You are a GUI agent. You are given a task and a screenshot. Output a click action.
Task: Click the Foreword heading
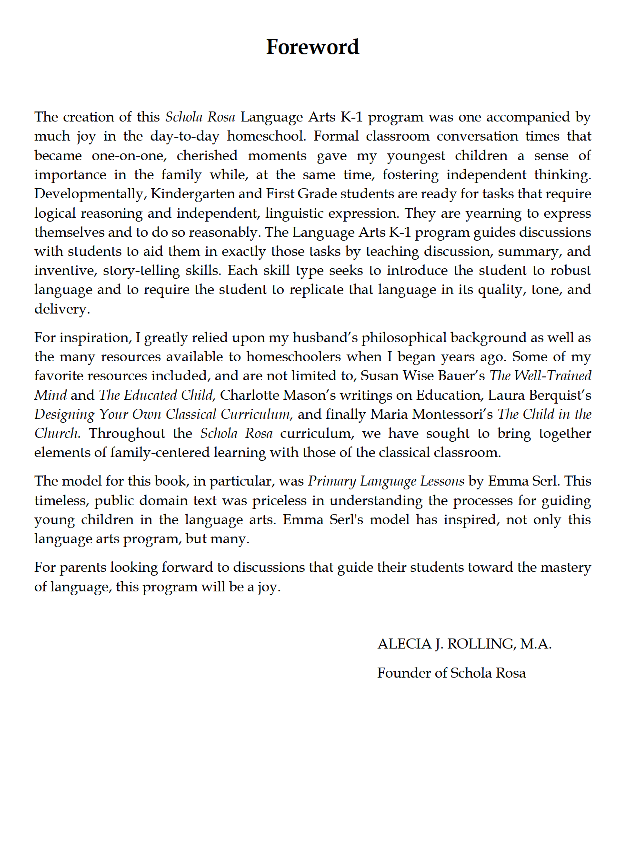[x=312, y=47]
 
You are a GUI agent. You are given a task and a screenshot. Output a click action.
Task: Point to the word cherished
[x=207, y=156]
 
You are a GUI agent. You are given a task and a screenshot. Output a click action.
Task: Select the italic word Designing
[x=64, y=415]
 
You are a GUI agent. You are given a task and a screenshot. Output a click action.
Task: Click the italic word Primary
[x=331, y=481]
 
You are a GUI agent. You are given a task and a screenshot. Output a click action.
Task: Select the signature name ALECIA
[x=404, y=644]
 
